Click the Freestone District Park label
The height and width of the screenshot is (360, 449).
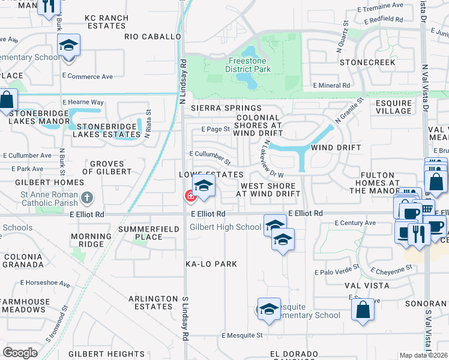pos(248,65)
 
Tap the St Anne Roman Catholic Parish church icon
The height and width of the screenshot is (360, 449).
pos(87,197)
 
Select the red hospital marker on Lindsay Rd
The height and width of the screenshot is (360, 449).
pos(190,196)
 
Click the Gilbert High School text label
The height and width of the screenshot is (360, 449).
pos(225,227)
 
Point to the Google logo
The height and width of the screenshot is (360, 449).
pos(20,353)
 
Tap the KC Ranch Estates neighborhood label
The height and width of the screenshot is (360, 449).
pos(107,22)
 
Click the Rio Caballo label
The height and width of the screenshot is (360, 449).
pos(152,37)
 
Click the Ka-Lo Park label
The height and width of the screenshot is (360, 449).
pos(211,264)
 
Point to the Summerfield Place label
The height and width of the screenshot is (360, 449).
pos(140,233)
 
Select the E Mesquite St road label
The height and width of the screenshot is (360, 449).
pos(243,335)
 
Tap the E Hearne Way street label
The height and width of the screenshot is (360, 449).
pos(83,103)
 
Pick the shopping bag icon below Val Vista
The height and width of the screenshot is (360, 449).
pos(363,309)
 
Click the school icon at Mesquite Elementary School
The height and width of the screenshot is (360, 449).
pos(269,308)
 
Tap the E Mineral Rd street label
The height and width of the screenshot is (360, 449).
pos(331,86)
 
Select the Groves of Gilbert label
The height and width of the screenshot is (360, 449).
pos(110,167)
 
